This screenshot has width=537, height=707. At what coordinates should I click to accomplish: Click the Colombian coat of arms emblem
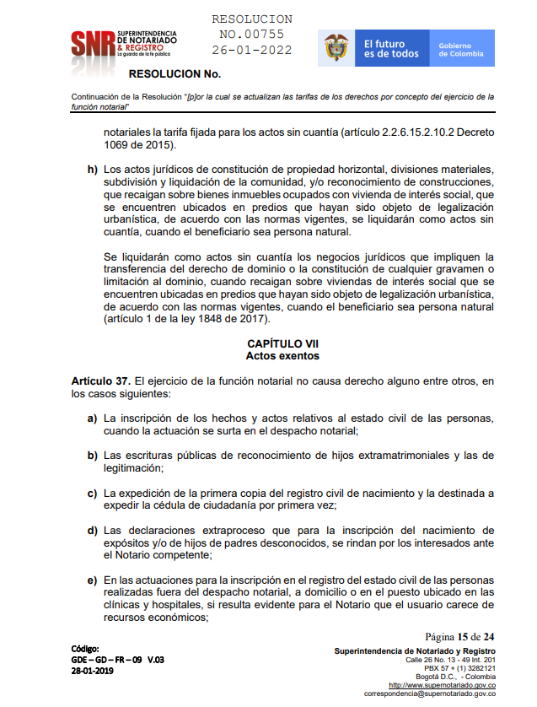[x=337, y=49]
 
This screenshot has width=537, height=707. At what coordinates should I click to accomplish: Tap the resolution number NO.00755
[x=251, y=35]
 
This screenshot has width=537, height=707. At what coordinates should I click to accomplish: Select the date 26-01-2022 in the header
[x=251, y=50]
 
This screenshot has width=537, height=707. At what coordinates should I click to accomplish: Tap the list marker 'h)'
[x=92, y=170]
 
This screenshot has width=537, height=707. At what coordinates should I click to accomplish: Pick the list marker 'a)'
[x=92, y=419]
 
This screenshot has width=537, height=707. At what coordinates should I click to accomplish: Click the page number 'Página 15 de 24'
[x=459, y=636]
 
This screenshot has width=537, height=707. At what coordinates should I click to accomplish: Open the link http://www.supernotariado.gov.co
[x=441, y=686]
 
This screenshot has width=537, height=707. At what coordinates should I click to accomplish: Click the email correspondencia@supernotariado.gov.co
[x=429, y=694]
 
